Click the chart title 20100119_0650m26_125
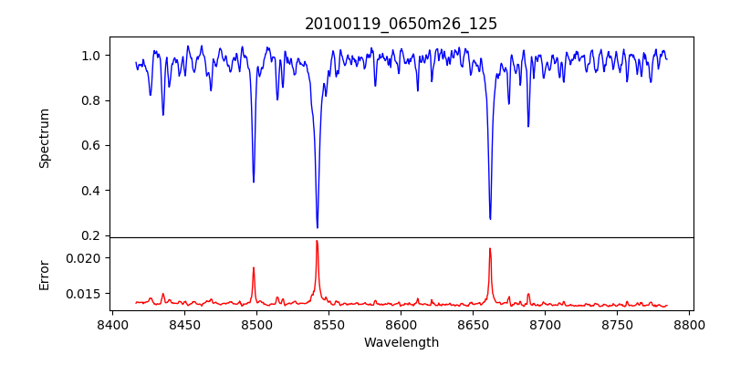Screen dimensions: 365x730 coord(401,24)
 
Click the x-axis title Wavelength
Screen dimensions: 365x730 coord(401,342)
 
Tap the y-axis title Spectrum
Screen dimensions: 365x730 coord(44,138)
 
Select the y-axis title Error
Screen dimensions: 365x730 coord(44,274)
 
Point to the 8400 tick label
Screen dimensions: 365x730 coord(111,325)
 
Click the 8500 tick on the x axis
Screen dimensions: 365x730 coord(256,325)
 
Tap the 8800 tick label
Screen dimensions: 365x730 coord(690,325)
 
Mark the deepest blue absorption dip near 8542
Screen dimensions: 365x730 coord(317,227)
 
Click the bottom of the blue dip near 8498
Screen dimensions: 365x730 coord(254,182)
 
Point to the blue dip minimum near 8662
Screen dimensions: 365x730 coord(490,218)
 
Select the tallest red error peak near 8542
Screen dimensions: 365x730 coord(317,241)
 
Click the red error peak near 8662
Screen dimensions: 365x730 coord(490,248)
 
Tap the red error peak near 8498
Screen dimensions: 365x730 coord(254,267)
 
